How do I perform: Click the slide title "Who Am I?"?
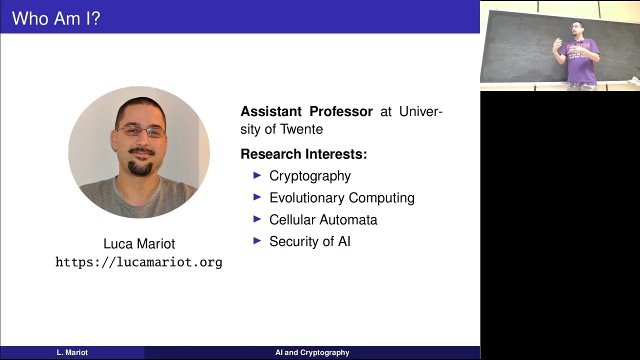(x=56, y=19)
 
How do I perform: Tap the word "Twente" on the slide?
(x=301, y=129)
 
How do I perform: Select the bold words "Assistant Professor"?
(x=306, y=111)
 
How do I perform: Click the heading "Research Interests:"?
(x=303, y=154)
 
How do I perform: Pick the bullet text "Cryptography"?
(x=310, y=176)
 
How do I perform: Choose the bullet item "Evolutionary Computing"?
(x=342, y=198)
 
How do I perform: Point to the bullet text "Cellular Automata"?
(x=323, y=220)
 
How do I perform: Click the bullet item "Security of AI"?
(x=309, y=241)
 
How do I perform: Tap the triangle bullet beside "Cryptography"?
(x=257, y=175)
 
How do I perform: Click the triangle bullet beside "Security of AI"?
(x=257, y=240)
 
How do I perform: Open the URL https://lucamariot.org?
(x=138, y=262)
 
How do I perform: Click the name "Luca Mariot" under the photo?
(x=139, y=244)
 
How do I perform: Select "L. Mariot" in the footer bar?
(x=72, y=352)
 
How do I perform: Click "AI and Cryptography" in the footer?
(x=312, y=352)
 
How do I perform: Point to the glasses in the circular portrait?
(x=140, y=131)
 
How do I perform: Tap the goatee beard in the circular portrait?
(x=140, y=168)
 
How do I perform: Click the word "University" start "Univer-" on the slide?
(x=420, y=111)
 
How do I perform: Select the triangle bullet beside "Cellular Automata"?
(x=257, y=219)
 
